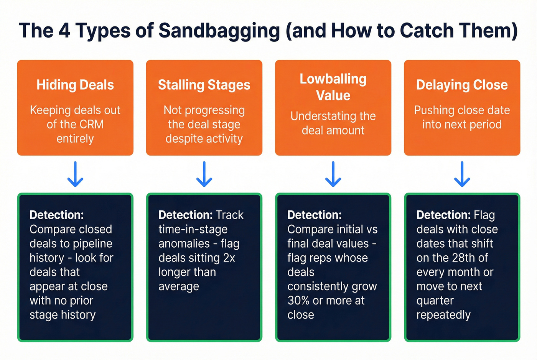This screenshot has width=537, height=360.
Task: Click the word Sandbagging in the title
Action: [219, 31]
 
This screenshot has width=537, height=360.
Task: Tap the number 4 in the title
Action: [64, 31]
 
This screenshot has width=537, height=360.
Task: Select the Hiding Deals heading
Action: [75, 85]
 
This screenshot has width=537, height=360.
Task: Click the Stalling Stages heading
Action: [204, 85]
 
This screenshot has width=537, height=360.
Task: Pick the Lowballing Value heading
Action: [333, 87]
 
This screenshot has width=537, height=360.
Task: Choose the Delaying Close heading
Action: [462, 85]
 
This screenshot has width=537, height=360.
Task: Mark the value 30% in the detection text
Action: [298, 301]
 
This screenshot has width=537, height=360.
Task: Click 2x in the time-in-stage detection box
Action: [229, 258]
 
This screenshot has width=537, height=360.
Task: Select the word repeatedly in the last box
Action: [443, 315]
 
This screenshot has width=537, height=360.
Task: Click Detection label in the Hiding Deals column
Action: [56, 215]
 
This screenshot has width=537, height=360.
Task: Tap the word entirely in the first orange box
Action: [75, 139]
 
